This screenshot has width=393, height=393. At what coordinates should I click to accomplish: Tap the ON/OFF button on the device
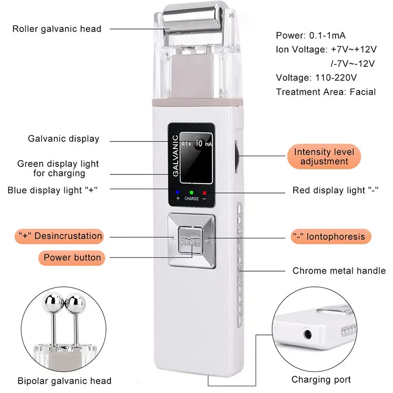point(190,241)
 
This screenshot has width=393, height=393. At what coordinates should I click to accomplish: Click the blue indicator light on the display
point(178,192)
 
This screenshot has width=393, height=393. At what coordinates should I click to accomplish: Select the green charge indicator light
point(192,193)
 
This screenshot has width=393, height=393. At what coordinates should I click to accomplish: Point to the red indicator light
point(204,193)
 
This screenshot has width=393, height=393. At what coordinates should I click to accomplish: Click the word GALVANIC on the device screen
point(176,156)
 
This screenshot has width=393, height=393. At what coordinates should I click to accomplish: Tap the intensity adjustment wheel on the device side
point(237,157)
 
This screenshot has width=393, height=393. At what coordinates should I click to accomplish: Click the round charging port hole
point(308,335)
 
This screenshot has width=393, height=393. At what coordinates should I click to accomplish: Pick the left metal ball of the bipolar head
point(53,303)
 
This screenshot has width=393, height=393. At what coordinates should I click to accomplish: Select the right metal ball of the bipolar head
point(76,303)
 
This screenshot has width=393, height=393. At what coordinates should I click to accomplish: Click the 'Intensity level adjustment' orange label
point(324,156)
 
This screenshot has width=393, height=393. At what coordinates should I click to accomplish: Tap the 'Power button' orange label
point(72,257)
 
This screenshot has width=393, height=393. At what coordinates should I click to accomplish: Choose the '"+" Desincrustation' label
point(59,236)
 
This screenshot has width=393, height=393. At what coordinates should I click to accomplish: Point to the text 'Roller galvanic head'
point(57,29)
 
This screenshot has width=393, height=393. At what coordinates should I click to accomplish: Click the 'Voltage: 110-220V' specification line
point(316,78)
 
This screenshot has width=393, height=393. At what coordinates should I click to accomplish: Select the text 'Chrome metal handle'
point(339,271)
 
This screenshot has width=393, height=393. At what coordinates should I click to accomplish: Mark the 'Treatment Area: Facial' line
point(326,92)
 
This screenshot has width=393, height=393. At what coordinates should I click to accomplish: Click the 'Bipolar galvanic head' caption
point(64,381)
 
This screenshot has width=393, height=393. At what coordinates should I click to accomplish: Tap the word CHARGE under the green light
point(192,198)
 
